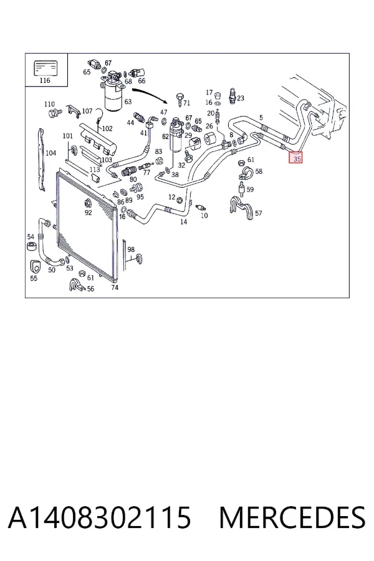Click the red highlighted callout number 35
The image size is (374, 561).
(x=296, y=158)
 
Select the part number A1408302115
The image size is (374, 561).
(x=99, y=517)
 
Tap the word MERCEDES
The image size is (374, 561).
(x=292, y=517)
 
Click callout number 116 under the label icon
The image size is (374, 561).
(x=45, y=80)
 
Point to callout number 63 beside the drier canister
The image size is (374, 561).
(x=128, y=102)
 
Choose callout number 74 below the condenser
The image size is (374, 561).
(x=115, y=287)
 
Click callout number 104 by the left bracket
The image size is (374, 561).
(x=51, y=153)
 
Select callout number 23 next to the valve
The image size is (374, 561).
(x=241, y=98)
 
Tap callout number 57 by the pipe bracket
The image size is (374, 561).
(x=259, y=213)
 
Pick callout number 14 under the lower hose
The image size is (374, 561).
(x=184, y=222)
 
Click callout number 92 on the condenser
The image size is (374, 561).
(x=89, y=213)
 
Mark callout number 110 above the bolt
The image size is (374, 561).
(x=49, y=104)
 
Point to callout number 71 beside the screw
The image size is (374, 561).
(x=186, y=103)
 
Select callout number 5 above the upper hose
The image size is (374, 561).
(x=261, y=117)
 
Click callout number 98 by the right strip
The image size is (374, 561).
(x=131, y=249)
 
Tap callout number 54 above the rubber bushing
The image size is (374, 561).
(x=31, y=236)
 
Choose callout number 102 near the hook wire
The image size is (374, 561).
(x=107, y=128)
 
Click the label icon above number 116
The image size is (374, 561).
(x=46, y=68)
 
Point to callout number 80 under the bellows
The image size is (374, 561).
(x=133, y=180)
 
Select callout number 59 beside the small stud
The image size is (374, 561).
(x=250, y=189)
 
